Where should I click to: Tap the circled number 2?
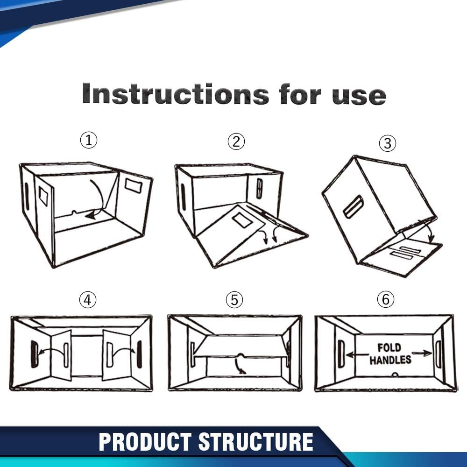(236, 141)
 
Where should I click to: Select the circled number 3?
(387, 143)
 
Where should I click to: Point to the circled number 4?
(87, 300)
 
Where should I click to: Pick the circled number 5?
(234, 300)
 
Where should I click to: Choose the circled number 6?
(385, 299)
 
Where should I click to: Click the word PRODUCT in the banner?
(145, 442)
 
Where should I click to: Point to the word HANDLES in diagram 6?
(390, 360)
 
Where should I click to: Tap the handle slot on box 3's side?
(354, 206)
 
